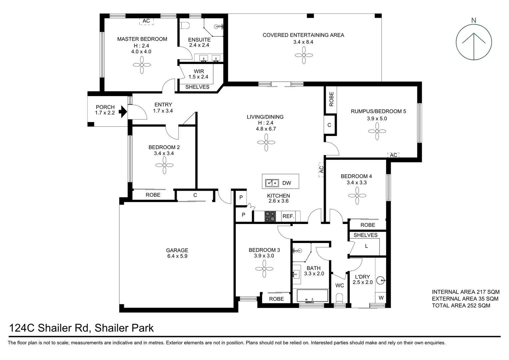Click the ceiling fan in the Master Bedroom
pyautogui.click(x=142, y=65)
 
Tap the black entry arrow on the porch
pyautogui.click(x=123, y=112)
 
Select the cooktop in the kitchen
pyautogui.click(x=270, y=216)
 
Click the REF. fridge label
pyautogui.click(x=288, y=216)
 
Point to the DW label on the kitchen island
pyautogui.click(x=286, y=183)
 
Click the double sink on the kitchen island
pyautogui.click(x=272, y=183)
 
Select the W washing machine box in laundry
pyautogui.click(x=381, y=298)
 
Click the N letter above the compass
pyautogui.click(x=474, y=20)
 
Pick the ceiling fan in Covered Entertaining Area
pyautogui.click(x=304, y=55)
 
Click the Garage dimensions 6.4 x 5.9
pyautogui.click(x=177, y=256)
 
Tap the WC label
pyautogui.click(x=339, y=285)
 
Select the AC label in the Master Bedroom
pyautogui.click(x=146, y=21)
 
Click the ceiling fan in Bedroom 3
pyautogui.click(x=264, y=269)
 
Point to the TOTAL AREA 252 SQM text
pyautogui.click(x=461, y=305)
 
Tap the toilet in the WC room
pyautogui.click(x=339, y=298)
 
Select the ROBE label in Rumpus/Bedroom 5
pyautogui.click(x=331, y=99)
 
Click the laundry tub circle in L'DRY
pyautogui.click(x=381, y=280)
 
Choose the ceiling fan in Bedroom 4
pyautogui.click(x=357, y=196)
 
